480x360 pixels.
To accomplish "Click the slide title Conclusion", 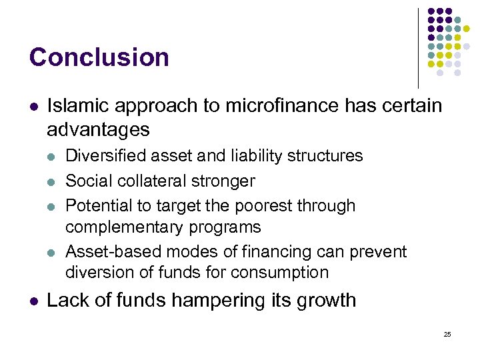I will coord(99,57).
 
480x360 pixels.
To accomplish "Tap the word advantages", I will coord(98,128).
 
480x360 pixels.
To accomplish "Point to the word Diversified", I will coord(107,156).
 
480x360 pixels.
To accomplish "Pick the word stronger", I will coord(227,181).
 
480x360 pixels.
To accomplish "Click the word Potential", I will coord(97,205).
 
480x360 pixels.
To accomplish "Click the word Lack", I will coord(68,300).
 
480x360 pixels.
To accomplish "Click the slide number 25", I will coord(447,334).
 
